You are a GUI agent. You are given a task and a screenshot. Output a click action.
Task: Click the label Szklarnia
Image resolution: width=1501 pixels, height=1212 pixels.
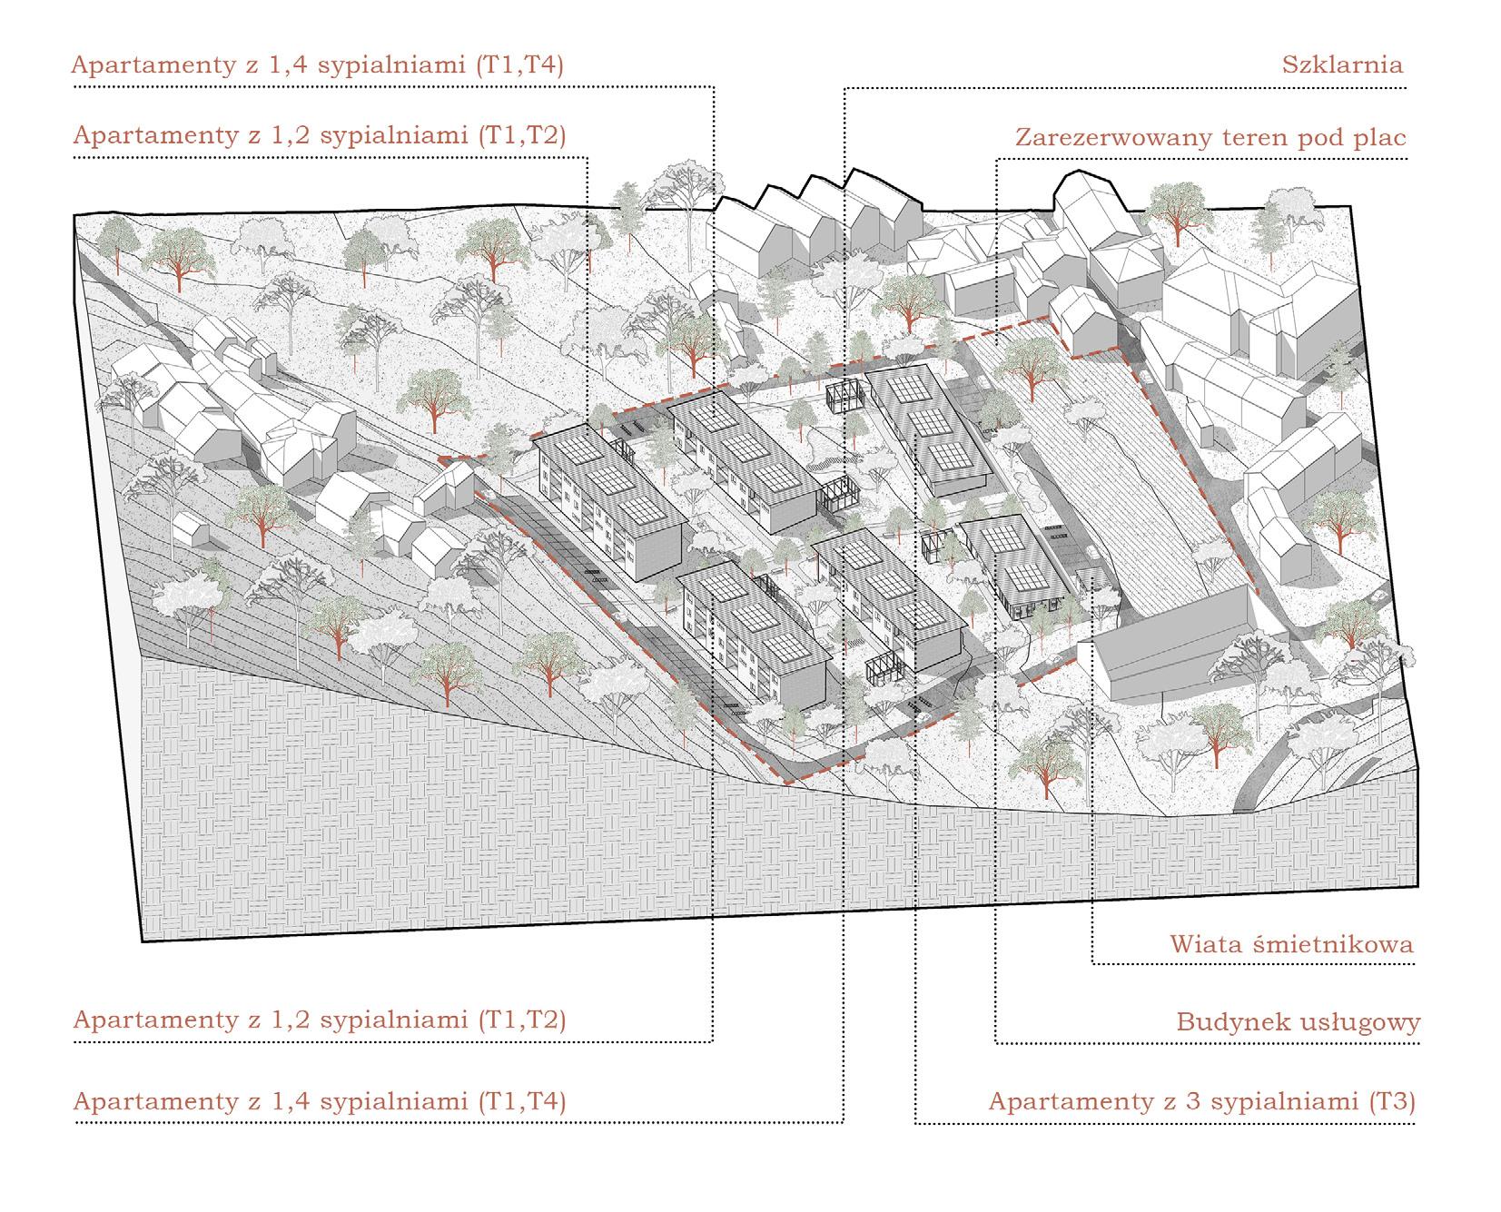[1342, 64]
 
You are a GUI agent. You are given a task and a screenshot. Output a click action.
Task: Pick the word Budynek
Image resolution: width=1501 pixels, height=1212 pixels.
[1224, 1021]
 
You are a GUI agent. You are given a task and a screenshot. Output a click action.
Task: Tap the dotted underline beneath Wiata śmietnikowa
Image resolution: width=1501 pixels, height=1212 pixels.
[1253, 964]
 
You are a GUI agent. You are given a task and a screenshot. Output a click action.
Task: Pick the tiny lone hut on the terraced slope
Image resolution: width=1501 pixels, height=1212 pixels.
[187, 527]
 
